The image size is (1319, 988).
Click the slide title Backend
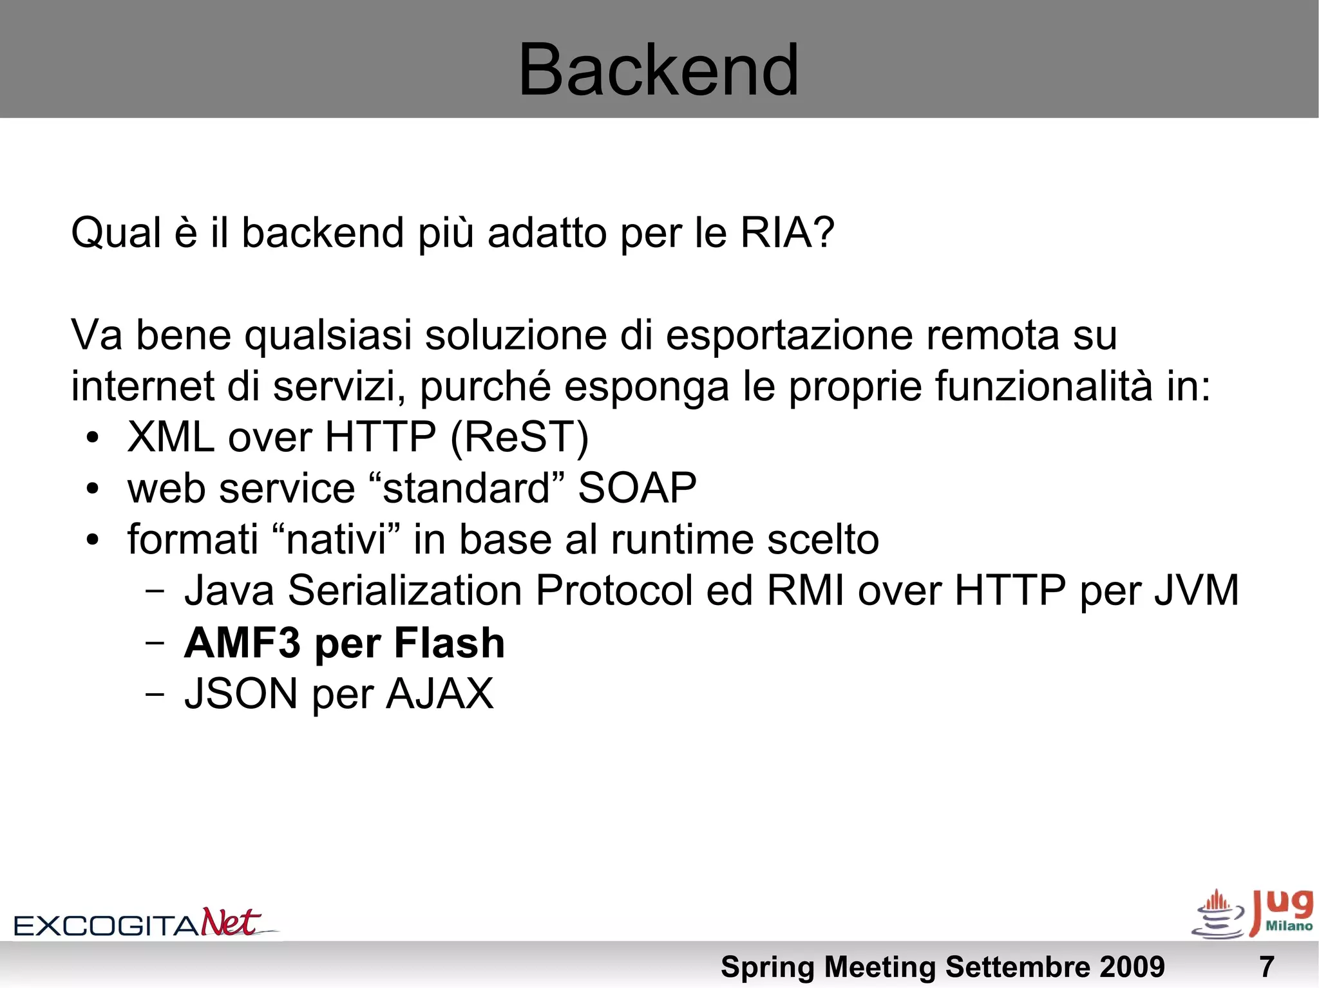(658, 70)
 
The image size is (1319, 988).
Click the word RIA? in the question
(787, 232)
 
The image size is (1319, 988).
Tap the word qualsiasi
(328, 336)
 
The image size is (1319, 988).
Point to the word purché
(485, 387)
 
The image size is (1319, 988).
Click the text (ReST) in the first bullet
(519, 438)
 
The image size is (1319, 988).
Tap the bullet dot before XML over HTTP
(93, 438)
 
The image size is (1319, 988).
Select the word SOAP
(637, 488)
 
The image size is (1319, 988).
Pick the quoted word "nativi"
(336, 539)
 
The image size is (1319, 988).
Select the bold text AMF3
(242, 642)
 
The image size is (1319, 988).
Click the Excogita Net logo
(145, 923)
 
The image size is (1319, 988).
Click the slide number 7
(1266, 967)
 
